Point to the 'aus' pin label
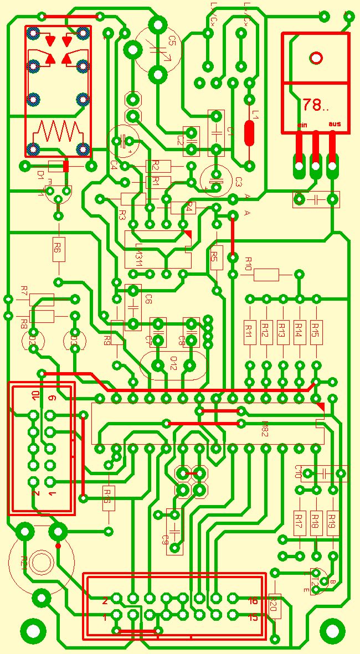(335, 124)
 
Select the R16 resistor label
(109, 492)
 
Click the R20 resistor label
(273, 606)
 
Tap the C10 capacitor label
(298, 472)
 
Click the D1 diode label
(40, 174)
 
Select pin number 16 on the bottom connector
(253, 601)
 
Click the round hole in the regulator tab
(316, 58)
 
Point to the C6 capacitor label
(148, 300)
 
